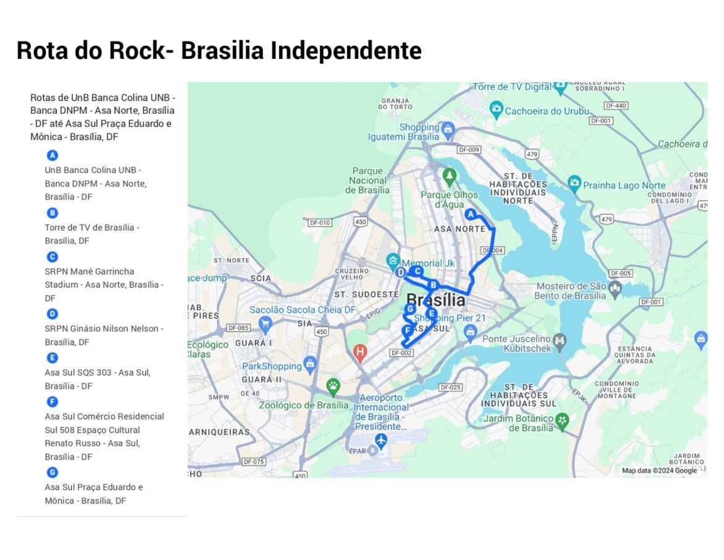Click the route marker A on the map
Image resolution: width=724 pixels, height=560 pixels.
(470, 214)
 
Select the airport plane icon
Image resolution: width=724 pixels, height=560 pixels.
(381, 440)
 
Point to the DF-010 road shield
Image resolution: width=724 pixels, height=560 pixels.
(320, 222)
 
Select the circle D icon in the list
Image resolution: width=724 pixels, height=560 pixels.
(53, 314)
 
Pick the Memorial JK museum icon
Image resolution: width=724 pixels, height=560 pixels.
(392, 260)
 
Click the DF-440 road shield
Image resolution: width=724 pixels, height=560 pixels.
(616, 106)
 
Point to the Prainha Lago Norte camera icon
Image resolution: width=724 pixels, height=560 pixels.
(574, 183)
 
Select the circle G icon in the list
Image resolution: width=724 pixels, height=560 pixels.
(53, 473)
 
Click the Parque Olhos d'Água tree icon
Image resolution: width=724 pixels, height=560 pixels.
(449, 177)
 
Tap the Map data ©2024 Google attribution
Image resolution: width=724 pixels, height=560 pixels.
(659, 471)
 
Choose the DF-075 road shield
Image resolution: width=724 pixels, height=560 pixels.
(254, 462)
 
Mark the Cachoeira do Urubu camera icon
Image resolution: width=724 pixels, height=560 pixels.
(496, 110)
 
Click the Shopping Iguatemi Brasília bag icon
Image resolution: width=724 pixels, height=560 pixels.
(448, 131)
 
